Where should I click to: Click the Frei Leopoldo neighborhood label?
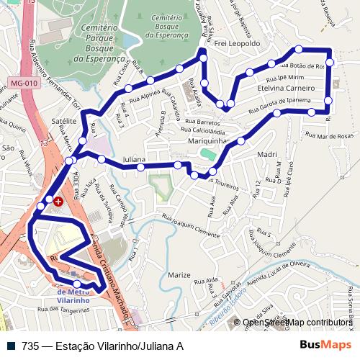(x=238, y=43)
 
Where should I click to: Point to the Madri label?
(x=266, y=154)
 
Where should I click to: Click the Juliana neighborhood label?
(x=135, y=158)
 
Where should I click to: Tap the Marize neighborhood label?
(x=179, y=275)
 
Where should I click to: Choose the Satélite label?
(x=64, y=122)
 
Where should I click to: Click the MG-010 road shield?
(x=24, y=83)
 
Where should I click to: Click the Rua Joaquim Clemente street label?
(x=191, y=226)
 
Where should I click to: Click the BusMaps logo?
(x=325, y=346)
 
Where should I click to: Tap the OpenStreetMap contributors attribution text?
(x=297, y=323)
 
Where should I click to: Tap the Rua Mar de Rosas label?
(x=330, y=135)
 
